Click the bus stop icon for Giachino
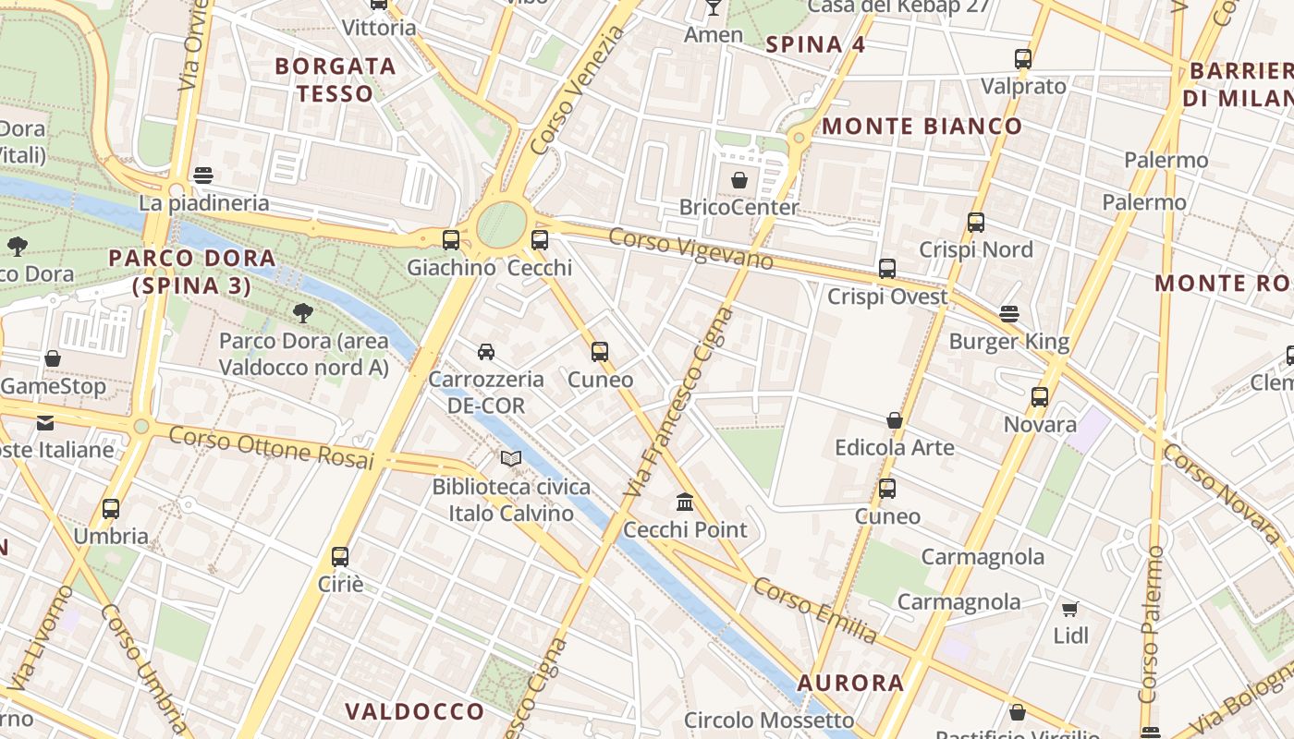coord(451,240)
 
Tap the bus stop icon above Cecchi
coord(540,240)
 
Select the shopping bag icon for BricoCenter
coord(739,180)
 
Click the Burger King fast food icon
coord(1009,314)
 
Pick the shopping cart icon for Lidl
coord(1070,609)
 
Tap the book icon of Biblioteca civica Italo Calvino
coord(511,458)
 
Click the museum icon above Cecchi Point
coord(685,502)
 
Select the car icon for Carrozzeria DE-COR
coord(486,351)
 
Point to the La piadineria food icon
coord(203,176)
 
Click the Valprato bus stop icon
coord(1023,59)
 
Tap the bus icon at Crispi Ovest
coord(887,269)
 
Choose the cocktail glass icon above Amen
coord(713,7)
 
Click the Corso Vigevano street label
coord(690,248)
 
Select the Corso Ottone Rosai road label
coord(271,448)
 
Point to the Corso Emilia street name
coord(814,611)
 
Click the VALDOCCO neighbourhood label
coord(414,710)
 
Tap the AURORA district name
coord(850,683)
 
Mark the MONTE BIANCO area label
coord(922,127)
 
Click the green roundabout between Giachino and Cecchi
coord(501,225)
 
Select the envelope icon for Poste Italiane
coord(45,423)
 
